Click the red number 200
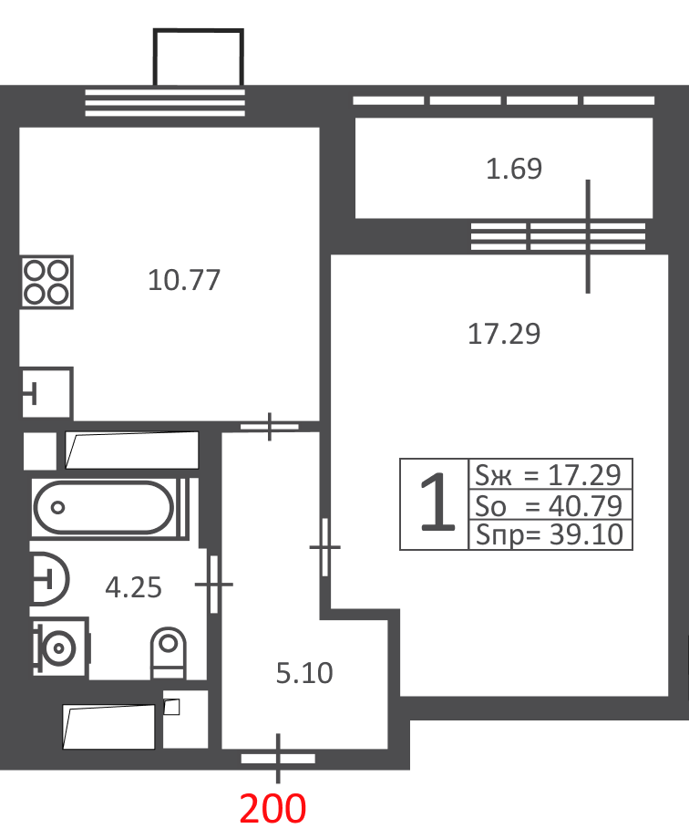tap(273, 808)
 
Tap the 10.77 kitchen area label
tap(184, 280)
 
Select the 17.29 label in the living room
tap(504, 334)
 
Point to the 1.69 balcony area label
tap(514, 169)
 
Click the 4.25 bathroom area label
tap(133, 587)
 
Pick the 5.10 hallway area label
tap(304, 673)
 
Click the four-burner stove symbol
tap(47, 282)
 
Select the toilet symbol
tap(169, 653)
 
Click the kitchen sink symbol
tap(47, 393)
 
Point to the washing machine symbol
tap(60, 647)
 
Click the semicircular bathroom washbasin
tap(50, 578)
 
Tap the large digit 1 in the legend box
tap(437, 503)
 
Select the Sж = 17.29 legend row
tap(549, 474)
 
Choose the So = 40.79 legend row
tap(549, 505)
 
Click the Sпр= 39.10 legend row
tap(550, 534)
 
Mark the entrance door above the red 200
tap(278, 758)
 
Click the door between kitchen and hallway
tap(270, 427)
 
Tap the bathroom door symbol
tap(214, 585)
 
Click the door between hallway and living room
tap(324, 547)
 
